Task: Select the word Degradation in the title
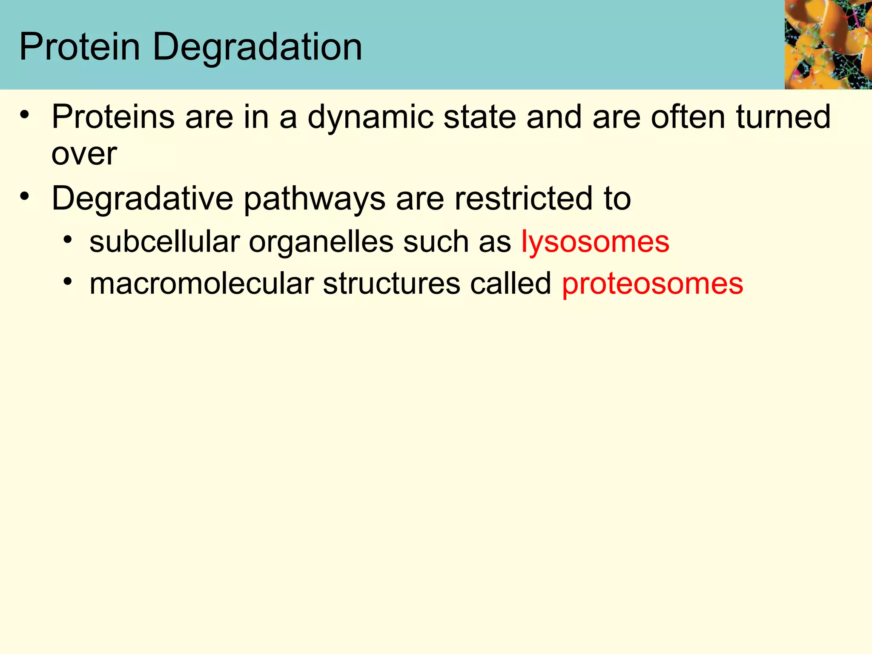click(x=257, y=48)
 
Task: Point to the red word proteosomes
click(x=652, y=284)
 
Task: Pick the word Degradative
click(x=143, y=198)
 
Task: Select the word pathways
click(x=315, y=199)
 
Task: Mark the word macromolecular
click(x=201, y=284)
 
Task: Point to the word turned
click(x=783, y=117)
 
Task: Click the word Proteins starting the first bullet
click(x=113, y=117)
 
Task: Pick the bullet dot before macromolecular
click(x=67, y=282)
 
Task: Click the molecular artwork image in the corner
click(x=828, y=44)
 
